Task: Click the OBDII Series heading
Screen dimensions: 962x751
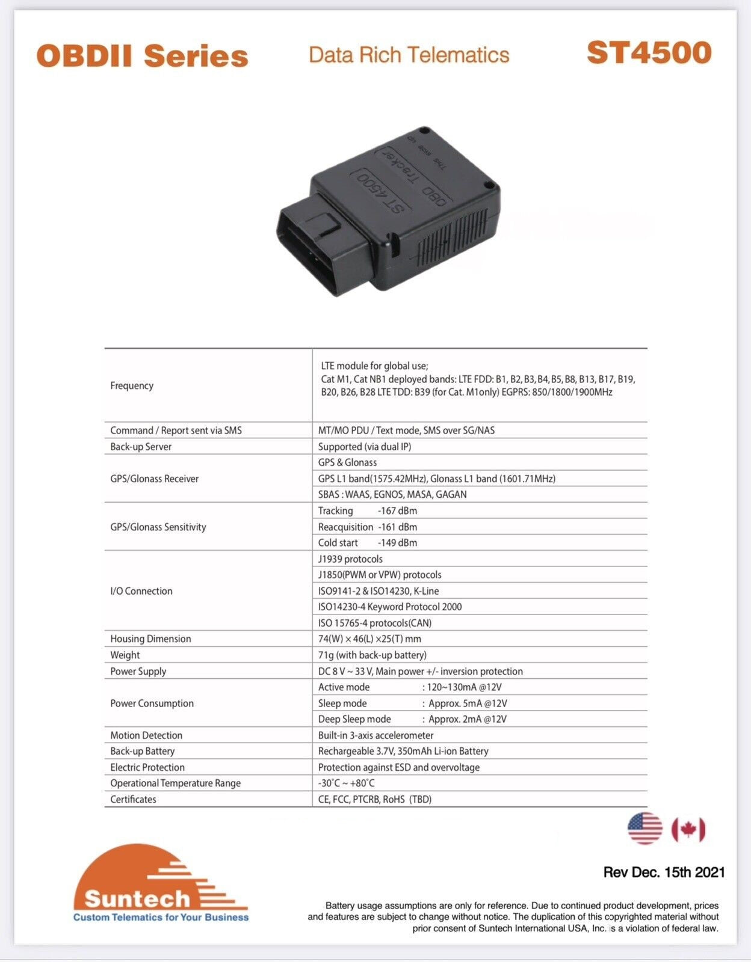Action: pyautogui.click(x=142, y=57)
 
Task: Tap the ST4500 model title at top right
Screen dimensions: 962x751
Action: pyautogui.click(x=649, y=53)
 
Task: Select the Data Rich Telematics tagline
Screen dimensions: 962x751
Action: pyautogui.click(x=409, y=55)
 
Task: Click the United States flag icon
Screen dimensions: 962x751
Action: pyautogui.click(x=644, y=829)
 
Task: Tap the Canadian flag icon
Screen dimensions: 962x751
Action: pyautogui.click(x=688, y=830)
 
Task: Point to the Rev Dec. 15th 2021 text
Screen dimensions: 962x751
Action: pyautogui.click(x=664, y=872)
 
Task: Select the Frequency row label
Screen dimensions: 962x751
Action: pyautogui.click(x=132, y=385)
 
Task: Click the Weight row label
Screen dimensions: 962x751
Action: pyautogui.click(x=125, y=655)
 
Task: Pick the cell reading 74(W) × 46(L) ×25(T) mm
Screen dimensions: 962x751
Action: pyautogui.click(x=369, y=639)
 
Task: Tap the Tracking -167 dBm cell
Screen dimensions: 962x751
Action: pyautogui.click(x=368, y=510)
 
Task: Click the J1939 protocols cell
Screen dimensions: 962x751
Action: pyautogui.click(x=350, y=559)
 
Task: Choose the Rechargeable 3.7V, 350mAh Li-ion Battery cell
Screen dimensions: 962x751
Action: pyautogui.click(x=403, y=751)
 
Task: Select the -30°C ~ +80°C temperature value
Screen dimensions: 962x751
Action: pyautogui.click(x=347, y=783)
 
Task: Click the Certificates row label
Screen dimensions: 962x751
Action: pyautogui.click(x=133, y=799)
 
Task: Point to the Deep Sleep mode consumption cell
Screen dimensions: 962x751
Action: pyautogui.click(x=412, y=719)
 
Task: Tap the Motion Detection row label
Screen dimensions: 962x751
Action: pyautogui.click(x=146, y=735)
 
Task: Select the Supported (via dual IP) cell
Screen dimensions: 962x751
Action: pyautogui.click(x=365, y=446)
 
